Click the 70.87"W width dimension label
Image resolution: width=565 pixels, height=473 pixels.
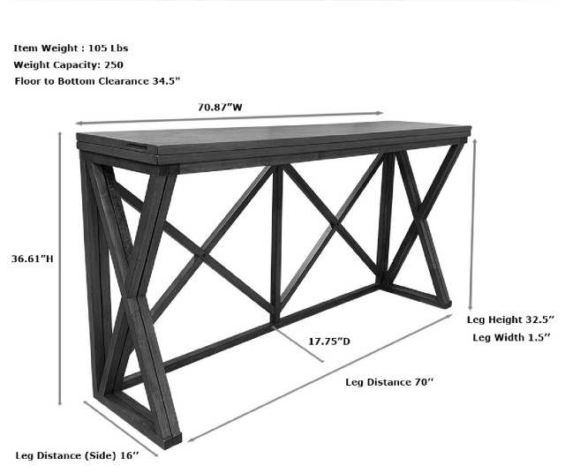click(x=221, y=108)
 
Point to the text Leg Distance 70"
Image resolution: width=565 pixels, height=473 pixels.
click(x=389, y=382)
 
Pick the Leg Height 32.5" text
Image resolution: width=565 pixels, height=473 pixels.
click(x=510, y=319)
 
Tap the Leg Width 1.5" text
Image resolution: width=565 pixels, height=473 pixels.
click(x=512, y=337)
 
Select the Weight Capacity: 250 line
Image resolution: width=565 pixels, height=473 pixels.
click(x=67, y=64)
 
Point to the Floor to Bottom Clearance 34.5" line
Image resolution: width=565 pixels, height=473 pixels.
click(x=97, y=81)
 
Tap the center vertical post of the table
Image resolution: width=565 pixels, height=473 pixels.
click(x=276, y=243)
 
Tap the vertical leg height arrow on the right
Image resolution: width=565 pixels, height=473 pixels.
click(x=475, y=221)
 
